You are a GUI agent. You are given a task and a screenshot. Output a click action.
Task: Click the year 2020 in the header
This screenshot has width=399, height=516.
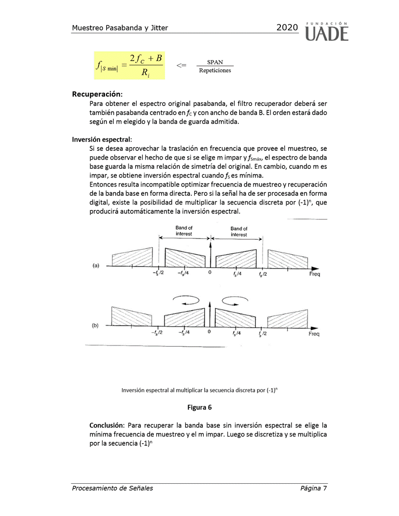[287, 28]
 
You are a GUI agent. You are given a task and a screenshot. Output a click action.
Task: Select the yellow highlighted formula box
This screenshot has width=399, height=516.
[129, 65]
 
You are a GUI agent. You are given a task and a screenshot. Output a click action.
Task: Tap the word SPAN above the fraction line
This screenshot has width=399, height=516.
[215, 62]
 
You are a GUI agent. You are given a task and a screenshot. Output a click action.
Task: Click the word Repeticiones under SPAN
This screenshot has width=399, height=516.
[215, 70]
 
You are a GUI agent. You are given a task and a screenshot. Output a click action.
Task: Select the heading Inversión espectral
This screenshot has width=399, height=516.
[102, 139]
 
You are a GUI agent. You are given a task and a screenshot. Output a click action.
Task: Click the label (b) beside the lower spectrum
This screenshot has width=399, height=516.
[96, 325]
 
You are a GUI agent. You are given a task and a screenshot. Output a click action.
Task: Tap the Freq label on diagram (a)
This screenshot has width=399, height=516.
[315, 274]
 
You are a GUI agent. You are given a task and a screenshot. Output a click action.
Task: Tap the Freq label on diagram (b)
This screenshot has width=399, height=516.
[314, 334]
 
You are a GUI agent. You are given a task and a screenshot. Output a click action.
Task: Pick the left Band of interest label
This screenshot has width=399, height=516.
[184, 231]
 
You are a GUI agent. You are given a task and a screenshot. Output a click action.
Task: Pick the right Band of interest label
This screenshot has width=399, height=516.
[239, 231]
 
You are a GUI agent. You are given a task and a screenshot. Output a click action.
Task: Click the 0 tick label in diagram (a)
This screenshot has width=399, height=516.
[210, 272]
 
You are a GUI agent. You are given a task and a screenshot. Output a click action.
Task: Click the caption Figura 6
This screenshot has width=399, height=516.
[199, 407]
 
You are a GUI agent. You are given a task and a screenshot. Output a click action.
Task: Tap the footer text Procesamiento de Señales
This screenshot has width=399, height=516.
[112, 488]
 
